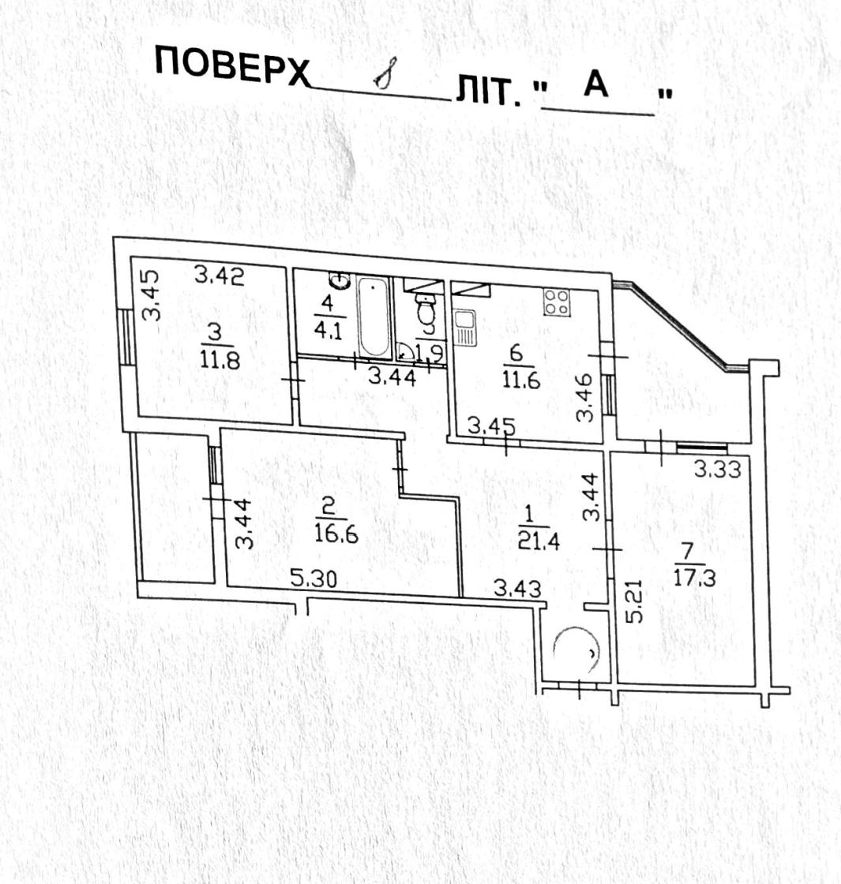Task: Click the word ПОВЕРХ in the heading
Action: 232,66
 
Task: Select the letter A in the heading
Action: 595,84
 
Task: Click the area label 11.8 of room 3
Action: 220,359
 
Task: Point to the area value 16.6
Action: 336,534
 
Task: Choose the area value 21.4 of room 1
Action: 539,541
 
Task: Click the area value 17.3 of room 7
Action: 695,578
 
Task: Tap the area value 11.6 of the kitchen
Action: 522,380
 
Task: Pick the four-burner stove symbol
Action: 557,302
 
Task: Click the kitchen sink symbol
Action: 465,328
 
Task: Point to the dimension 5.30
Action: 313,578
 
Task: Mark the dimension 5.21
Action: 635,601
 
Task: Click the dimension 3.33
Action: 718,469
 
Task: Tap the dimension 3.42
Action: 220,275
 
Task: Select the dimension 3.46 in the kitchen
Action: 585,398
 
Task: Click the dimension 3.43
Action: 518,589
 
